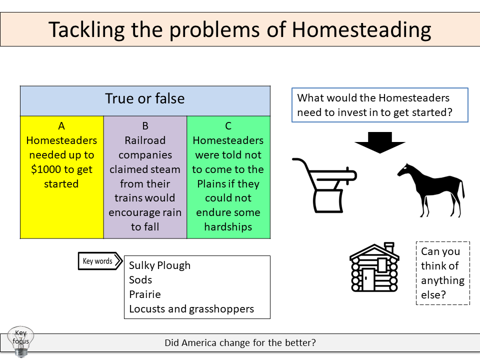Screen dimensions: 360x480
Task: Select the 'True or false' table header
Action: (145, 99)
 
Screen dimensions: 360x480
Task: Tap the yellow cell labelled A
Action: (61, 177)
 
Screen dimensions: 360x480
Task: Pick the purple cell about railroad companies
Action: (145, 177)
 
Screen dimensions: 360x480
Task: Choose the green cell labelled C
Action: (228, 177)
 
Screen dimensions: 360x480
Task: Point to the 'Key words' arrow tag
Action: (99, 261)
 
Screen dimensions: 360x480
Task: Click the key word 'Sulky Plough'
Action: (159, 265)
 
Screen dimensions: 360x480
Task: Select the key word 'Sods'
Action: (140, 280)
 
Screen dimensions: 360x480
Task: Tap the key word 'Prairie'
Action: (144, 294)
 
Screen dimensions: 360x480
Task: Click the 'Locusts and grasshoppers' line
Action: (191, 309)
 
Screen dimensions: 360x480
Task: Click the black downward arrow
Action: (380, 141)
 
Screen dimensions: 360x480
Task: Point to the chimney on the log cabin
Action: (389, 248)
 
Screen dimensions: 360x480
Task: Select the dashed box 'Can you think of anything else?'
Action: (442, 273)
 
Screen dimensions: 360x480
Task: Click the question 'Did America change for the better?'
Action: (240, 343)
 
